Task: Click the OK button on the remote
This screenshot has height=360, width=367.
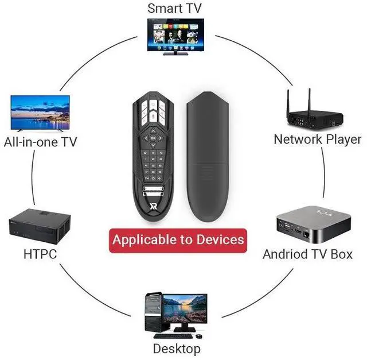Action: (x=153, y=138)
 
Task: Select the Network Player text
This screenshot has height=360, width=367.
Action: (x=317, y=139)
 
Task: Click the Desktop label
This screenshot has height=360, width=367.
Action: (x=177, y=349)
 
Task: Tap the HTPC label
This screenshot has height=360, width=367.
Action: (x=40, y=254)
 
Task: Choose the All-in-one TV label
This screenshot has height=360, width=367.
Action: (x=40, y=141)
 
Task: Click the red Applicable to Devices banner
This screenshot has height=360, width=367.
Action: (x=178, y=239)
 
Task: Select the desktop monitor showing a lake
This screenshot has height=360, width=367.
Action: (x=184, y=308)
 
